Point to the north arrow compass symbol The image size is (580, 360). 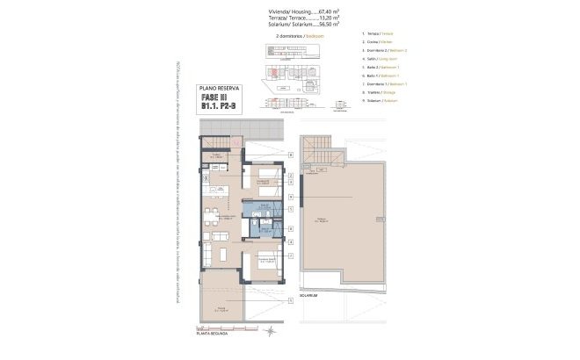click(272, 329)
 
